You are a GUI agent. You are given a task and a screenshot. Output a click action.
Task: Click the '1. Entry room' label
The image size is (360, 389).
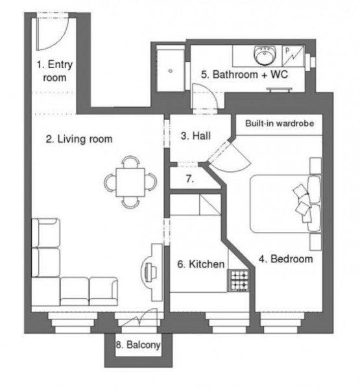pyautogui.click(x=54, y=71)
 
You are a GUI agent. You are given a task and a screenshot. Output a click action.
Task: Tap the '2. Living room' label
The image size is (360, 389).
pyautogui.click(x=79, y=139)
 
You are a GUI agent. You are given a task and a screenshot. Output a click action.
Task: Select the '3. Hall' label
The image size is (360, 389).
pyautogui.click(x=196, y=136)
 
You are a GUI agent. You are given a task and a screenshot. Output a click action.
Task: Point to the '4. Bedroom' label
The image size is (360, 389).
pyautogui.click(x=285, y=258)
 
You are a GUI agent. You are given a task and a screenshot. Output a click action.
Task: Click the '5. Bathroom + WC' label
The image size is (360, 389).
pyautogui.click(x=245, y=74)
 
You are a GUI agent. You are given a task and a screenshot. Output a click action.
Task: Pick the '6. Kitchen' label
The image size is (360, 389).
pyautogui.click(x=201, y=264)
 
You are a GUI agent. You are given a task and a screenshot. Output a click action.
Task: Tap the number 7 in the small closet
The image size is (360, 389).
pyautogui.click(x=190, y=179)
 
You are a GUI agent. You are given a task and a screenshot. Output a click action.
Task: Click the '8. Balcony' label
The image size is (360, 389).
pyautogui.click(x=138, y=345)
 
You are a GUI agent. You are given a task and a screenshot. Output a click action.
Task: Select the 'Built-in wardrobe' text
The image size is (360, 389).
pyautogui.click(x=280, y=123)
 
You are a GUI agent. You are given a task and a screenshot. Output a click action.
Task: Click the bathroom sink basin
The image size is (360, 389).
pyautogui.click(x=265, y=55)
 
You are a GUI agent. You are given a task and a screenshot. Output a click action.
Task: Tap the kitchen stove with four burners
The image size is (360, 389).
pyautogui.click(x=238, y=281)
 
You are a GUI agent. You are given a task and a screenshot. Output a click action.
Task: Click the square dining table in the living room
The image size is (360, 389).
pyautogui.click(x=130, y=182)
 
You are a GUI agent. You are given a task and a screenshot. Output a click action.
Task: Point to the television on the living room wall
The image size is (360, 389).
pyautogui.click(x=150, y=272)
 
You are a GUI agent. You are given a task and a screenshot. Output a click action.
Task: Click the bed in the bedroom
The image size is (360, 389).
pyautogui.click(x=285, y=204)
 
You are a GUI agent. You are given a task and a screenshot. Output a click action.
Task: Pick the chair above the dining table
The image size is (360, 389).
pyautogui.click(x=130, y=161)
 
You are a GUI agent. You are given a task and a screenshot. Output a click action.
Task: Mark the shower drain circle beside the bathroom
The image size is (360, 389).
pyautogui.click(x=170, y=71)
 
